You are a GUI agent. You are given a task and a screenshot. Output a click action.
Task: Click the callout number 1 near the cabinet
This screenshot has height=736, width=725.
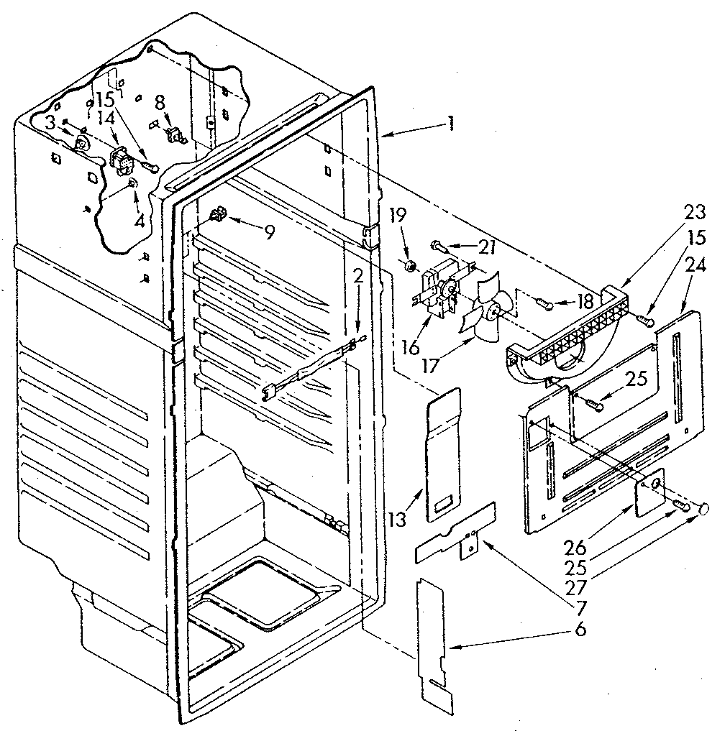[450, 123]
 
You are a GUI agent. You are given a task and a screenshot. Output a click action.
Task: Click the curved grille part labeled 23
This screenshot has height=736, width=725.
[568, 337]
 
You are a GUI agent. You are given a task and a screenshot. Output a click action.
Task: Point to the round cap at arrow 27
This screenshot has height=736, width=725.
[703, 510]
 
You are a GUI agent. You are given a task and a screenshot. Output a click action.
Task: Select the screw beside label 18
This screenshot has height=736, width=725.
[547, 306]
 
